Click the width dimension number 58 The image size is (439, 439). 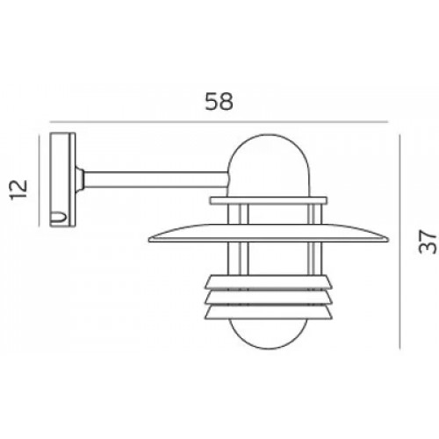point(220,101)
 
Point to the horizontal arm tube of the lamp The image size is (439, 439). point(154,179)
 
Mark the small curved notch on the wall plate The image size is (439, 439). point(60,215)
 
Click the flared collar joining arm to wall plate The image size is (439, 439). point(82,180)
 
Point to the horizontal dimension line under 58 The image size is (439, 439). point(219,122)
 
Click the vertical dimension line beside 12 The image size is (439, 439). point(40,181)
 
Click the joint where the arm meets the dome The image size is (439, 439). point(228,180)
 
